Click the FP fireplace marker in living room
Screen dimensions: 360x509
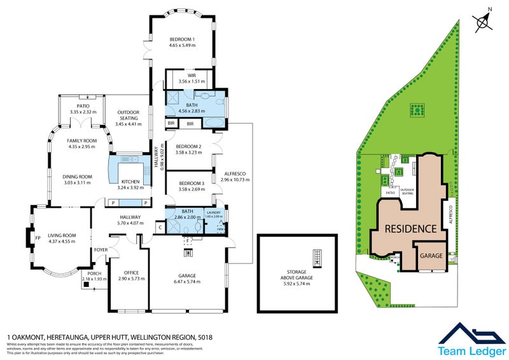coord(38,239)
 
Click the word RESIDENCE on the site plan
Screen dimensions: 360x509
coord(409,228)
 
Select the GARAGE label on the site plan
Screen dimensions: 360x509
coord(431,255)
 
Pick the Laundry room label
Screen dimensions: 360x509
coord(214,213)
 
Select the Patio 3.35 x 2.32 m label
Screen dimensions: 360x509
coord(83,108)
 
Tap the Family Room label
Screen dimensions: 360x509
coord(81,143)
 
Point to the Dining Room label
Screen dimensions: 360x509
coord(78,179)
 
